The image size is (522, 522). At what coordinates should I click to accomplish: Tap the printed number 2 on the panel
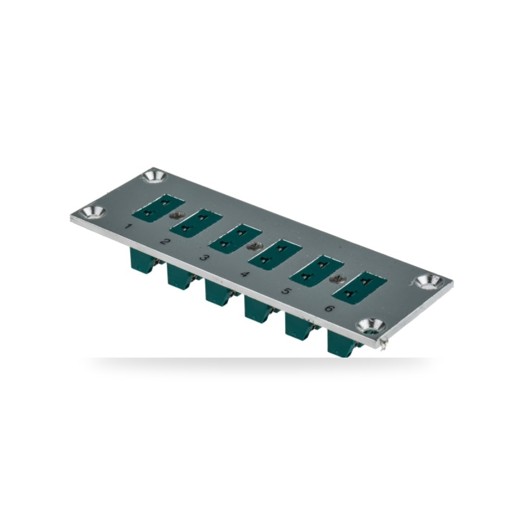(x=165, y=241)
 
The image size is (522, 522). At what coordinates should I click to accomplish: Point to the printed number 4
(x=245, y=274)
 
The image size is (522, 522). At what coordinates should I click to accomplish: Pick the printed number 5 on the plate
(x=286, y=291)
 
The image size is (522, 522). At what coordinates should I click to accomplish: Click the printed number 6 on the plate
(x=329, y=309)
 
